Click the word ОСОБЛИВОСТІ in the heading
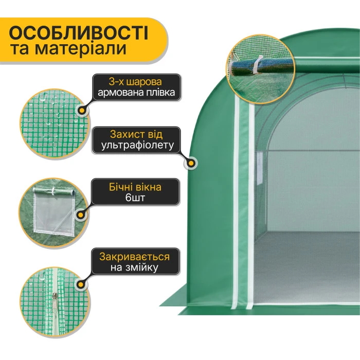tap(79, 33)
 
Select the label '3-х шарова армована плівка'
tap(136, 87)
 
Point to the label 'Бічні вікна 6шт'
tap(136, 192)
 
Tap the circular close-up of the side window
tap(50, 208)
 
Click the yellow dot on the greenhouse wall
tap(191, 164)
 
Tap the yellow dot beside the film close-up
tap(82, 110)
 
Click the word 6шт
tap(136, 199)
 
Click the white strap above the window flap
tap(52, 191)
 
